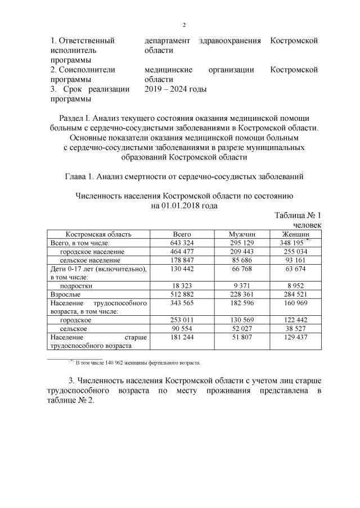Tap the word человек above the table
(x=304, y=225)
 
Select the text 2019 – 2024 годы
(x=175, y=89)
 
